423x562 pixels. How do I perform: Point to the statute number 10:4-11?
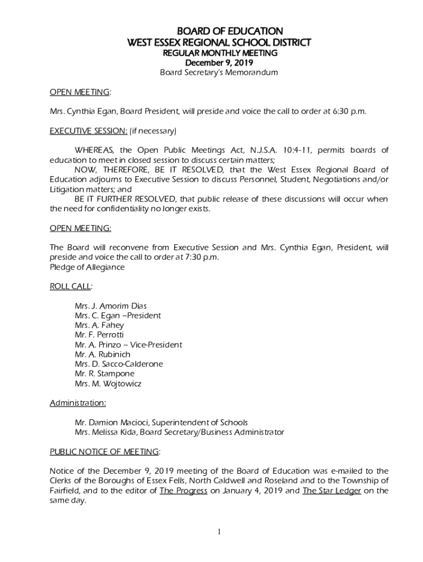(x=298, y=150)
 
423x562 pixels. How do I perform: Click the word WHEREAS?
(x=94, y=150)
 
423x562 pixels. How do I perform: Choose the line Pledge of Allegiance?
(x=87, y=267)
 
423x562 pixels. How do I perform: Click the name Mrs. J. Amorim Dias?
(x=110, y=306)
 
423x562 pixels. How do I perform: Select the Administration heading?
(x=78, y=403)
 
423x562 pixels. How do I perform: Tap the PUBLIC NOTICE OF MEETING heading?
(x=104, y=452)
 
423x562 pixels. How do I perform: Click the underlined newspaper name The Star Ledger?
(x=331, y=491)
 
